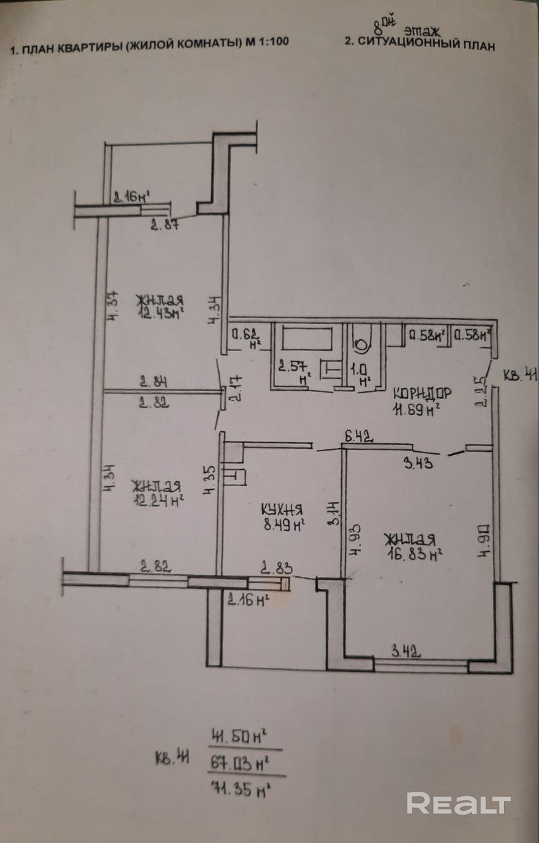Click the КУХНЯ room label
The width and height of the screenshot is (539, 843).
tap(281, 508)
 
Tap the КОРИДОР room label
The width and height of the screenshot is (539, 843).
tap(422, 393)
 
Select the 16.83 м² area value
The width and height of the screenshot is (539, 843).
tap(413, 554)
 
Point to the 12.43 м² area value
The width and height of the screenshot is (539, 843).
tap(160, 313)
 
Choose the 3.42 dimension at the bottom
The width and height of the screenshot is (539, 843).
tap(405, 653)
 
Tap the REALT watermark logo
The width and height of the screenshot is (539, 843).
tap(458, 803)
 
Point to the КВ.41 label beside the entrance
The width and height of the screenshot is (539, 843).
tap(521, 377)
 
